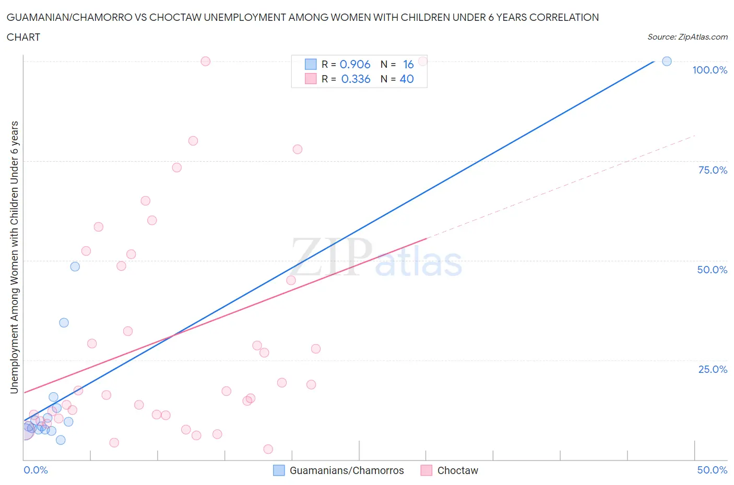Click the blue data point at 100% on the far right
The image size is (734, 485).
click(x=667, y=62)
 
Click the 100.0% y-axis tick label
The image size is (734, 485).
click(x=709, y=70)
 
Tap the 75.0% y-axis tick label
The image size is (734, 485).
click(x=713, y=170)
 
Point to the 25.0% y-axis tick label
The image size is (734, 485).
click(x=713, y=369)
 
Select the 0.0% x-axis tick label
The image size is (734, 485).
click(x=35, y=470)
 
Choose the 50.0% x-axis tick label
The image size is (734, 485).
click(x=712, y=470)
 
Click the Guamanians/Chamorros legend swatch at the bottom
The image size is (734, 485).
click(x=279, y=470)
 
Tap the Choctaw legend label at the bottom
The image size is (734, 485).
click(x=457, y=470)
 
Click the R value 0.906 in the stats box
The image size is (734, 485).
click(x=355, y=64)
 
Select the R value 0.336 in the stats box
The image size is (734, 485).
click(x=356, y=79)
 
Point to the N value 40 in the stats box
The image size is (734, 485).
click(x=406, y=79)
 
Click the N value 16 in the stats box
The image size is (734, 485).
click(x=408, y=64)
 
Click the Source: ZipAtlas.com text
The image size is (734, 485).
click(x=687, y=37)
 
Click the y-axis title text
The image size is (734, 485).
click(x=14, y=257)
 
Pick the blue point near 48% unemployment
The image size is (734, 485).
click(x=75, y=266)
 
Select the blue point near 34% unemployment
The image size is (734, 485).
click(x=64, y=323)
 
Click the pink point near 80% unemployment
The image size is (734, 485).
click(x=193, y=141)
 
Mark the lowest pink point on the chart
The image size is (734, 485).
click(x=268, y=449)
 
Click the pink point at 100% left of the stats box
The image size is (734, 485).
click(x=206, y=62)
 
